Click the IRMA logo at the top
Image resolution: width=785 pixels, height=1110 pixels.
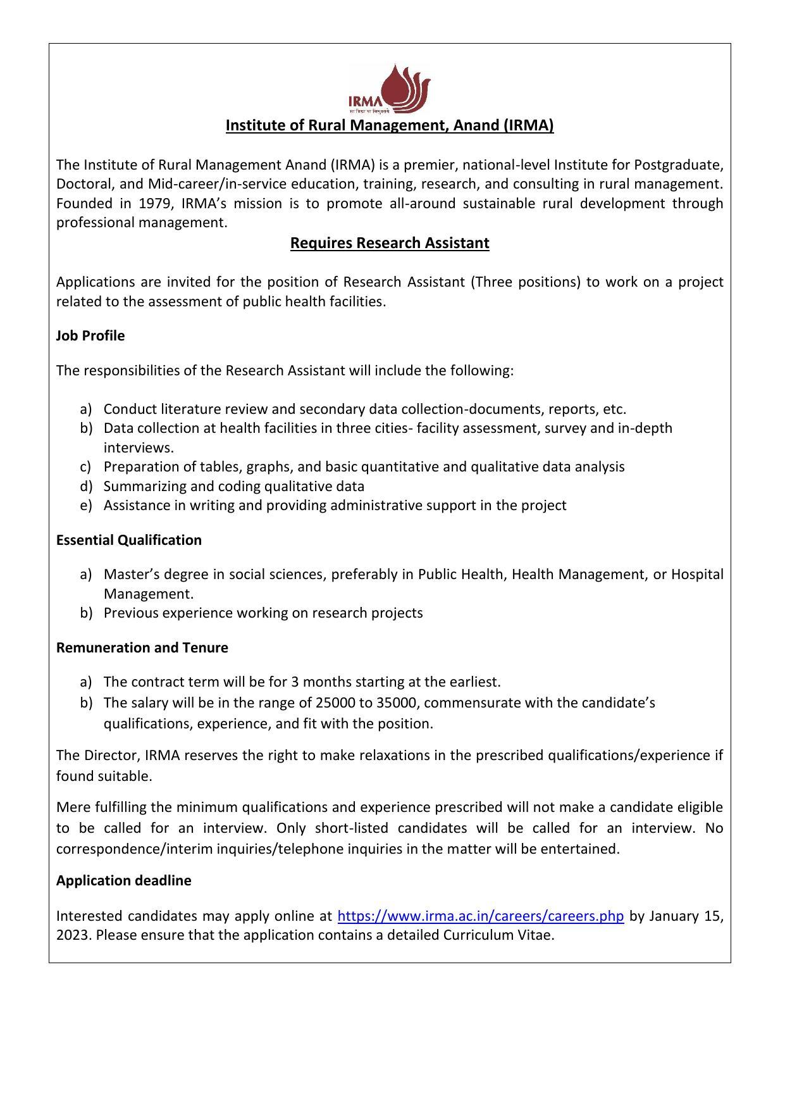[389, 88]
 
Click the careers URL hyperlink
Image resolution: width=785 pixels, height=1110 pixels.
[481, 916]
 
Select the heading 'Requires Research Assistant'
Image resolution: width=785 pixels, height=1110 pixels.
[390, 243]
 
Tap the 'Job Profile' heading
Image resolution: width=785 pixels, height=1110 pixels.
[90, 335]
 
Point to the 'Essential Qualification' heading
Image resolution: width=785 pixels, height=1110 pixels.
[129, 540]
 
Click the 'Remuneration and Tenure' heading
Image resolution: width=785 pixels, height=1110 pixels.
[142, 647]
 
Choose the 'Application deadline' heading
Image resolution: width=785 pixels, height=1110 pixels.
[124, 880]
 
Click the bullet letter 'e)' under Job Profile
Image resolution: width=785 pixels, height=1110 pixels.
[87, 505]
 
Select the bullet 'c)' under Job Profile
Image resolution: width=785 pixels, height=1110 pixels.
[87, 466]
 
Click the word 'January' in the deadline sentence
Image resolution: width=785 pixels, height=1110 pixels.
[673, 916]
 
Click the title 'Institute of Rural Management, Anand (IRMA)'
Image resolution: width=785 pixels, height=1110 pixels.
[390, 125]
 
